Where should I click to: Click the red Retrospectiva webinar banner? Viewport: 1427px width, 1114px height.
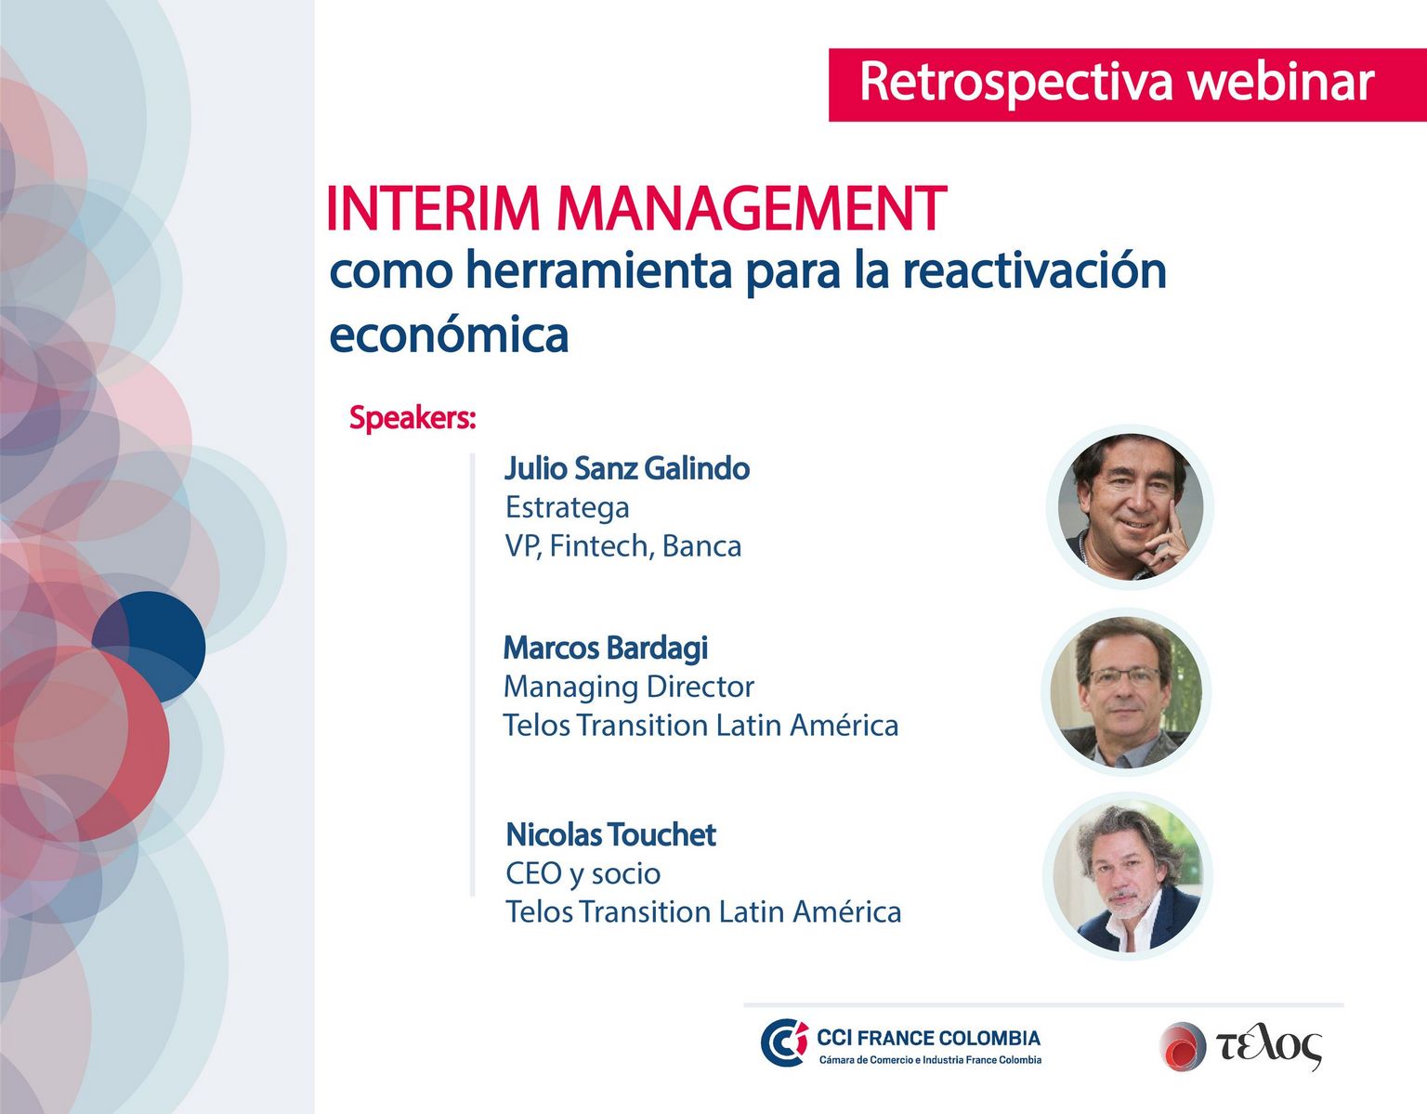point(1128,85)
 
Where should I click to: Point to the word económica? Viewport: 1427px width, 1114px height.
point(449,334)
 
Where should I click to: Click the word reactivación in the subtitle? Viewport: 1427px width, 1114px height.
point(1034,270)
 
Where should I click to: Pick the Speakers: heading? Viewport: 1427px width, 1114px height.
point(412,417)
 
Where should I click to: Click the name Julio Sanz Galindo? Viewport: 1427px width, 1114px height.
point(627,468)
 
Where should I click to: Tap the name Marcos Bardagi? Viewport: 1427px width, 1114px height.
point(606,648)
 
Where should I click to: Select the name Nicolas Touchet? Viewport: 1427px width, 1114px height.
point(610,834)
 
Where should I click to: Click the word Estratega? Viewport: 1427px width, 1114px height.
point(568,507)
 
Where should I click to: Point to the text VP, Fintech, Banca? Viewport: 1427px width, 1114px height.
point(623,546)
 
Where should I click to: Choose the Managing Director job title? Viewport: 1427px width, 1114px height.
point(628,688)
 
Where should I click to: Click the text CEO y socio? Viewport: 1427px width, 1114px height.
point(583,873)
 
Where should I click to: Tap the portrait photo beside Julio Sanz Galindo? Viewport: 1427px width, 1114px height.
point(1131,506)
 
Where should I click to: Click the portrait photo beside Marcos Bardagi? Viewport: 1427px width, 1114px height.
point(1126,692)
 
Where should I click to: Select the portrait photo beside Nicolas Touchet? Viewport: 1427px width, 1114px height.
point(1128,877)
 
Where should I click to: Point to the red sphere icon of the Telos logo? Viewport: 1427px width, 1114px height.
point(1183,1046)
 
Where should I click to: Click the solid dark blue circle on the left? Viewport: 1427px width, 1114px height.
point(149,647)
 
